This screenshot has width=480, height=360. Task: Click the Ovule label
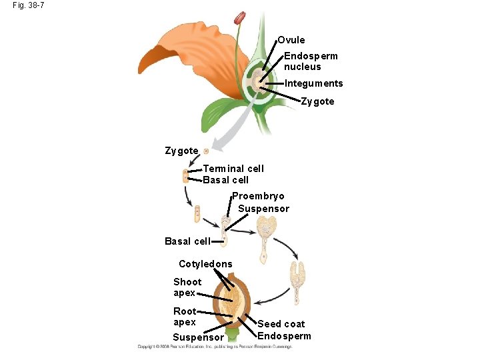[x=291, y=40]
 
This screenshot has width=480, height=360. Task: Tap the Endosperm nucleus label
[x=311, y=61]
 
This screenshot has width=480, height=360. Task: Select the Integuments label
[x=313, y=83]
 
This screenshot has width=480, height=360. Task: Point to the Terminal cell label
[x=233, y=169]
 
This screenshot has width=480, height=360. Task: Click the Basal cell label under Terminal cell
[x=225, y=180]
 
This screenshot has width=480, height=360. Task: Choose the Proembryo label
[x=258, y=196]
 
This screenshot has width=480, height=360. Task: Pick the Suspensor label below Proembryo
[x=263, y=209]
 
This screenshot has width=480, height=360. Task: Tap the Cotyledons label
[x=205, y=264]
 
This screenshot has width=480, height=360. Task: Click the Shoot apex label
[x=187, y=287]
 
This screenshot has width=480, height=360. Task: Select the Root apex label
[x=185, y=317]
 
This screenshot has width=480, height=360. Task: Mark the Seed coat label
[x=281, y=324]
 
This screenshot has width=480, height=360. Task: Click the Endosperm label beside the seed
[x=284, y=336]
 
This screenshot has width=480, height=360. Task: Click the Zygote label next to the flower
[x=317, y=102]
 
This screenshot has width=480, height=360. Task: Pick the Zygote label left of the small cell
[x=181, y=151]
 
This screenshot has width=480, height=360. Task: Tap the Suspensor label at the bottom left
[x=198, y=337]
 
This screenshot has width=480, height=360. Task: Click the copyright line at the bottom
[x=214, y=347]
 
